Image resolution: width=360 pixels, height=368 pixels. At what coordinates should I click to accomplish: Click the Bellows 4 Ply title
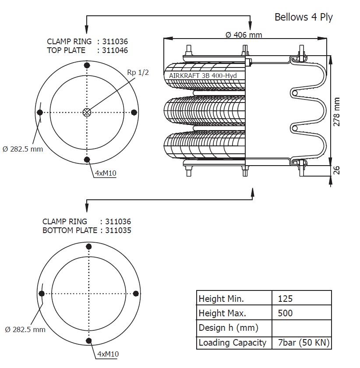(x=303, y=17)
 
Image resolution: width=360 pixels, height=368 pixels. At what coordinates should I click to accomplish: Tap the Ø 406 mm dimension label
(x=244, y=35)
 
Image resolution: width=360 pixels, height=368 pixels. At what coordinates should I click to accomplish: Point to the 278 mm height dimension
(x=337, y=112)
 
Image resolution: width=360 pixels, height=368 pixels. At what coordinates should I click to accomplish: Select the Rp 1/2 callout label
(x=138, y=72)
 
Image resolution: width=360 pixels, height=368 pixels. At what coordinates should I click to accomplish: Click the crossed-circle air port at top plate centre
(x=87, y=112)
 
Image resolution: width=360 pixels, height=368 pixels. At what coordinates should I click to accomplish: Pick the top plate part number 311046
(x=115, y=50)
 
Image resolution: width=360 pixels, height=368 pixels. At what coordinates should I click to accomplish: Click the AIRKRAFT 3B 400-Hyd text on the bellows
(x=203, y=76)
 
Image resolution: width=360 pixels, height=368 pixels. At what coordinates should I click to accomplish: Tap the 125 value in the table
(x=285, y=299)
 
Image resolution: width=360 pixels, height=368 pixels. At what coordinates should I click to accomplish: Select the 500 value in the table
(x=285, y=313)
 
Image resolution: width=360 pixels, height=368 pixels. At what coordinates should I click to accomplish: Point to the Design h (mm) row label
(x=228, y=328)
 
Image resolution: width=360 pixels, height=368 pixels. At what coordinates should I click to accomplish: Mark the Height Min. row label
(x=221, y=299)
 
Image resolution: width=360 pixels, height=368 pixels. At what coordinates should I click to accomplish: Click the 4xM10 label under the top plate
(x=106, y=173)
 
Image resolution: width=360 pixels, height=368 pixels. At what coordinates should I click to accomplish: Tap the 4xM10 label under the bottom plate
(x=108, y=354)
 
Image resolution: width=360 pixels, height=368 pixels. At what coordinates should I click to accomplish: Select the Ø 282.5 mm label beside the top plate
(x=23, y=149)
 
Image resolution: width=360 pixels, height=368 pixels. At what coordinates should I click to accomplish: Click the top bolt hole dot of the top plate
(x=87, y=66)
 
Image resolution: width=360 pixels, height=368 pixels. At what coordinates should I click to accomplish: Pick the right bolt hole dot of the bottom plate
(x=135, y=293)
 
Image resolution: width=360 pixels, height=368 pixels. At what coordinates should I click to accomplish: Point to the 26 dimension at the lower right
(x=337, y=170)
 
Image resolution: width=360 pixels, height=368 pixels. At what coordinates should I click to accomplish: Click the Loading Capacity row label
(x=232, y=342)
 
